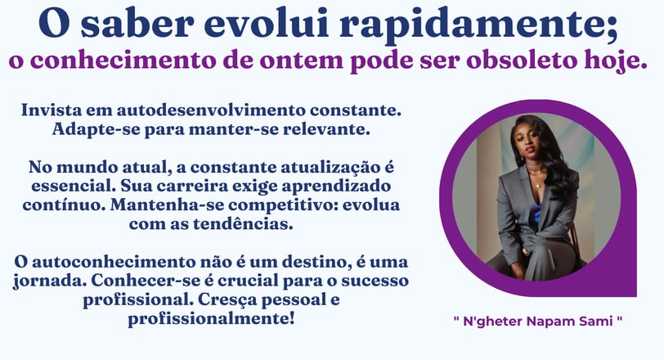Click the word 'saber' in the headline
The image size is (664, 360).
tap(137, 24)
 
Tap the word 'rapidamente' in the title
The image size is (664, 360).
tap(479, 25)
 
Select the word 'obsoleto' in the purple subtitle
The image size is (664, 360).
tap(523, 61)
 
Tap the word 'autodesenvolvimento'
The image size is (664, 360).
tap(211, 110)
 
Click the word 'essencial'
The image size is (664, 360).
tap(74, 186)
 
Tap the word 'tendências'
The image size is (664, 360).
tap(243, 223)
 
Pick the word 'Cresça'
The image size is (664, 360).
tap(227, 300)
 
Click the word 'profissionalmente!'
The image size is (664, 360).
tap(211, 319)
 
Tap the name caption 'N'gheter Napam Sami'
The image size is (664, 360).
tap(538, 321)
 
